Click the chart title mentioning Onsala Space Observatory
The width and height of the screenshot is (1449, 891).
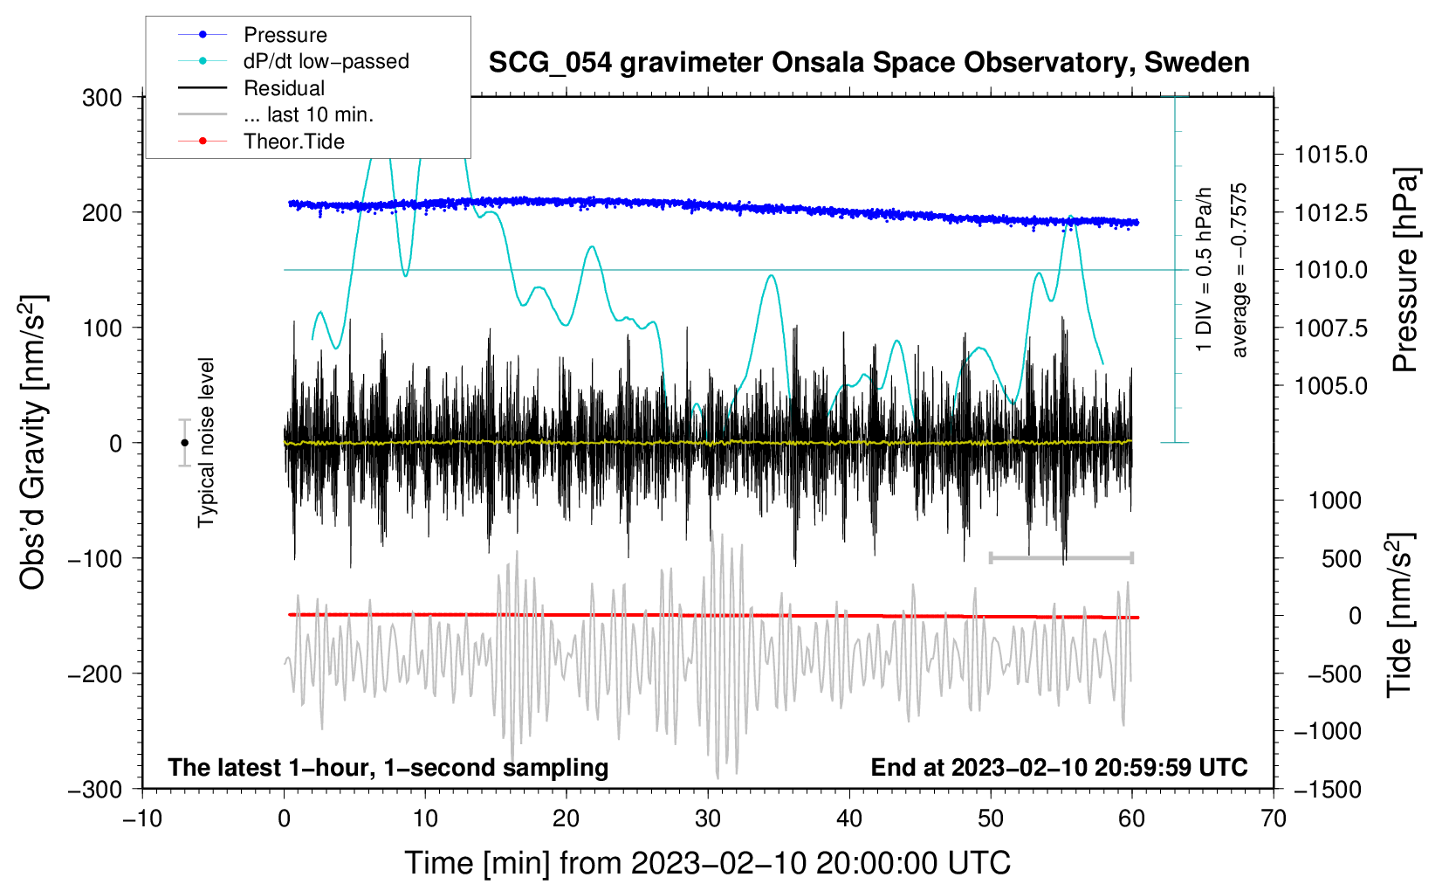coord(869,63)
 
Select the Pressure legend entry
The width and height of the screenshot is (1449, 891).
coord(285,35)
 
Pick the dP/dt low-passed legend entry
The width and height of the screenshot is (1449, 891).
coord(326,61)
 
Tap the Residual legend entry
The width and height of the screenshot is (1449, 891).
coord(284,88)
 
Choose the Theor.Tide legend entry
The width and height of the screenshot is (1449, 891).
coord(293,142)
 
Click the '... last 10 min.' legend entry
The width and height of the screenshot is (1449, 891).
coord(308,114)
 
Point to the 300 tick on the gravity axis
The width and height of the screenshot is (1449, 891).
coord(102,98)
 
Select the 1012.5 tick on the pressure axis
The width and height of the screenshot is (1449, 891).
coord(1331,213)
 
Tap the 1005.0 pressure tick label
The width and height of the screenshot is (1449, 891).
coord(1331,386)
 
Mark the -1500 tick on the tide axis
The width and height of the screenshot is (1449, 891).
coord(1327,790)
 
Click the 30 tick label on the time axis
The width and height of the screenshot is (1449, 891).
coord(708,818)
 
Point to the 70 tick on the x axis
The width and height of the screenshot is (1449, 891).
coord(1274,818)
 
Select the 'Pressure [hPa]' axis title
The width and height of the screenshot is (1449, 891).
coord(1404,270)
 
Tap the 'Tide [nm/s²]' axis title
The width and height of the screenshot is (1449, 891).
coord(1399,616)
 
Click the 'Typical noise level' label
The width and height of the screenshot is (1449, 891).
coord(206,443)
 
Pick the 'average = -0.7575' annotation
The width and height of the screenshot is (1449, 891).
coord(1240,270)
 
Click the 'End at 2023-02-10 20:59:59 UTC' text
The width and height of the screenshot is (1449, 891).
coord(1059,768)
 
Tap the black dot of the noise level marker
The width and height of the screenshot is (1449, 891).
coord(184,443)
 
